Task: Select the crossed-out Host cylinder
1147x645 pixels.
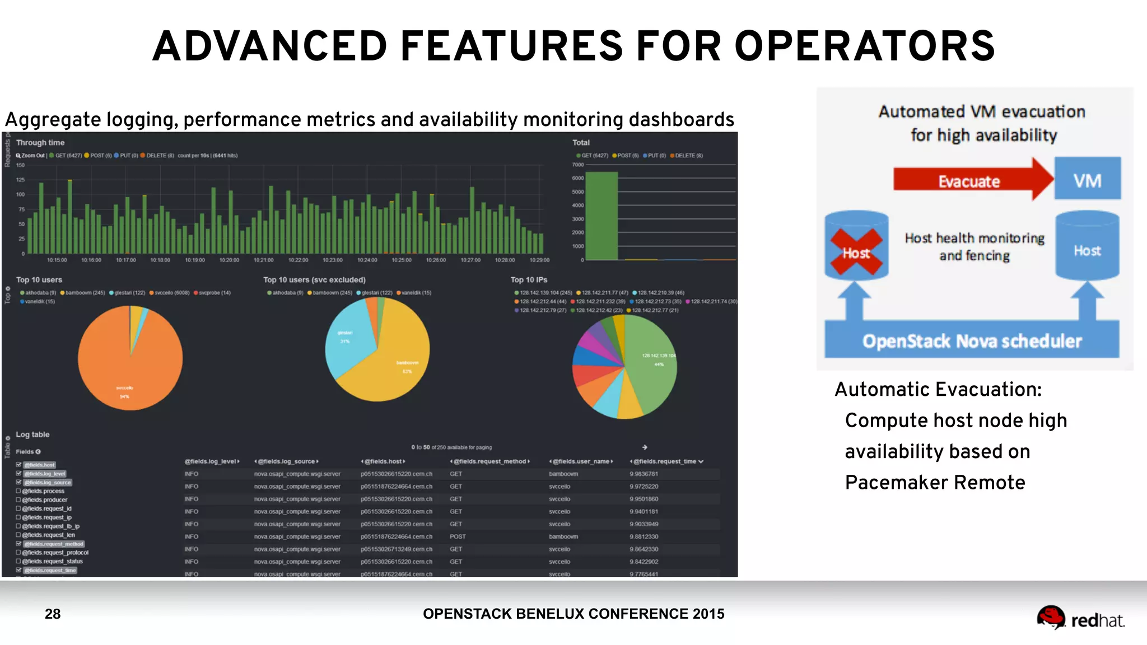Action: tap(856, 247)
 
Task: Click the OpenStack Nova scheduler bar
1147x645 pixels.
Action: tap(972, 340)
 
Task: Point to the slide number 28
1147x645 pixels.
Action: tap(53, 614)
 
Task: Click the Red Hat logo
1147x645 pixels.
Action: tap(1080, 619)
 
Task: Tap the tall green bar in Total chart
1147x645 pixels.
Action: tap(602, 216)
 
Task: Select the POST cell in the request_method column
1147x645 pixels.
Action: tap(458, 536)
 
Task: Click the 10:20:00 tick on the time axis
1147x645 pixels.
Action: tap(229, 260)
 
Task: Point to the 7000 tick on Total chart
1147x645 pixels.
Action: tap(577, 165)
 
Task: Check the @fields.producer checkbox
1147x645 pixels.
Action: tap(18, 499)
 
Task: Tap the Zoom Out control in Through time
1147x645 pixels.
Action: tap(31, 156)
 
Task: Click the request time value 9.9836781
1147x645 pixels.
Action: tap(644, 474)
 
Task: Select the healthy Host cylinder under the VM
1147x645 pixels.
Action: tap(1087, 247)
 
